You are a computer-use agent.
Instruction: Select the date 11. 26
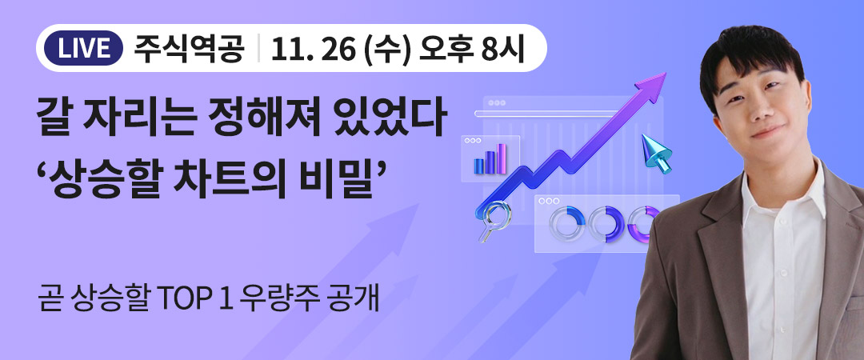coord(313,48)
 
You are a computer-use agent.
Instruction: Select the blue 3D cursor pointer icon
coord(656,153)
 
